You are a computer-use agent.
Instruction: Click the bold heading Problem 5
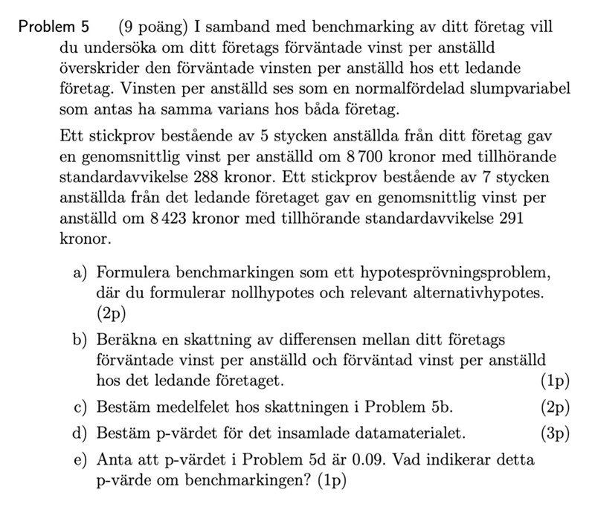tap(54, 28)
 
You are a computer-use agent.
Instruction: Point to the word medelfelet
tap(190, 407)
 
